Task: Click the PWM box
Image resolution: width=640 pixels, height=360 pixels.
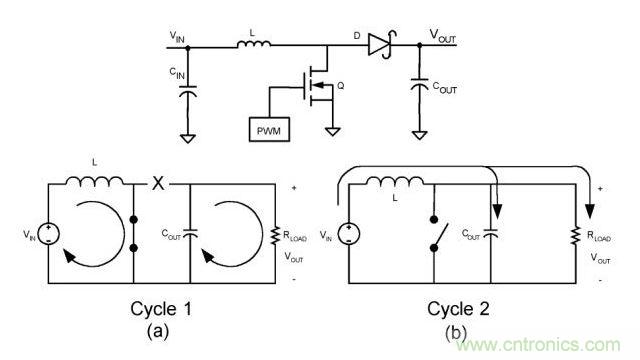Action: click(269, 130)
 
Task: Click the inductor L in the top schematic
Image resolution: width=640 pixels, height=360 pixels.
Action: click(253, 44)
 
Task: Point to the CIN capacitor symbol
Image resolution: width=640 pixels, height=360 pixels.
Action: click(188, 91)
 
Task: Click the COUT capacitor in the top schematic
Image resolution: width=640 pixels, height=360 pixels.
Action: click(420, 85)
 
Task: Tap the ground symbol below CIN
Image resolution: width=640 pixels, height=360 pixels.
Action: click(188, 139)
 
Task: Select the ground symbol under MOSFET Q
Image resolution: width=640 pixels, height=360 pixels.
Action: click(333, 132)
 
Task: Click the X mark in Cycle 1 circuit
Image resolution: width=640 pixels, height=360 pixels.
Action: click(158, 183)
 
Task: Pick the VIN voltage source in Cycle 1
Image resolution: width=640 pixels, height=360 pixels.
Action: click(48, 234)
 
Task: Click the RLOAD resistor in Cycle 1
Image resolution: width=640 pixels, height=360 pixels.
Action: click(276, 236)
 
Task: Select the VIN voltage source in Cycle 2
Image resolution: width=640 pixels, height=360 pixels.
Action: click(349, 234)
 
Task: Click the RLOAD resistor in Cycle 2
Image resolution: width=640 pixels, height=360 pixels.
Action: click(576, 236)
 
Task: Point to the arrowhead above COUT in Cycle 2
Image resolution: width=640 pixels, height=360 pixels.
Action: click(497, 211)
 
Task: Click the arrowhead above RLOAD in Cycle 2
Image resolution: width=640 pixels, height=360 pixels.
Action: click(589, 211)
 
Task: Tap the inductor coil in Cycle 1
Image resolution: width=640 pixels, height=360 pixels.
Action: click(95, 181)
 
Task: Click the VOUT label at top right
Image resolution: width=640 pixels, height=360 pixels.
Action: click(442, 36)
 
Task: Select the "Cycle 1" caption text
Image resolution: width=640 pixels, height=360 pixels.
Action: click(161, 309)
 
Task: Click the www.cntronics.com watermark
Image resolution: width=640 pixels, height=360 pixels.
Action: click(538, 345)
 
